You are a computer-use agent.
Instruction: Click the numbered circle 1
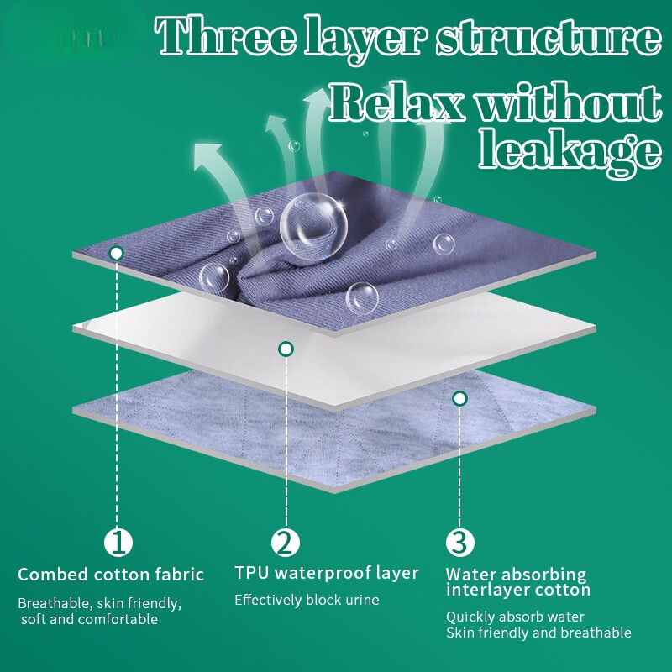click(x=118, y=542)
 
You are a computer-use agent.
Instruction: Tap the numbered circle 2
click(x=286, y=542)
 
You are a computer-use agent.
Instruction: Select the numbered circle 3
click(x=459, y=542)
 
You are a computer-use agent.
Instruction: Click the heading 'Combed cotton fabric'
click(x=111, y=575)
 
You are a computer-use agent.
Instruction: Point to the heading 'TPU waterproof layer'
click(x=327, y=573)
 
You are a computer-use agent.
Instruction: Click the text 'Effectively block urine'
click(x=307, y=600)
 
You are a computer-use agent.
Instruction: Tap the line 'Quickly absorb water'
click(x=515, y=617)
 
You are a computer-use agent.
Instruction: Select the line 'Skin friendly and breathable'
click(x=538, y=633)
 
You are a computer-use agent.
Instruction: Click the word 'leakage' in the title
click(x=570, y=152)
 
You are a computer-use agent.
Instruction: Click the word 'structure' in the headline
click(x=549, y=38)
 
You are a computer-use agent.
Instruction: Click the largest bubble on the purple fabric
click(x=313, y=226)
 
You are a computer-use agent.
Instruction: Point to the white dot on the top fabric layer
click(x=116, y=254)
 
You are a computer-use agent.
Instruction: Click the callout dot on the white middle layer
click(x=286, y=349)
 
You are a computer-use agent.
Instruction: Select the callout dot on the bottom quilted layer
click(x=459, y=398)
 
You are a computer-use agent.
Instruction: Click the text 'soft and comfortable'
click(x=90, y=619)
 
